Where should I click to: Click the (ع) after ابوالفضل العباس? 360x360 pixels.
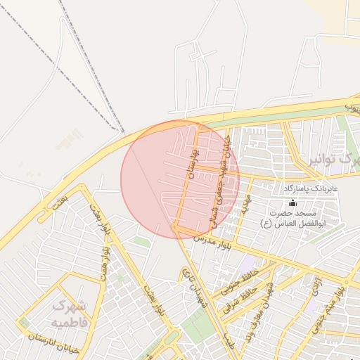[x=265, y=224]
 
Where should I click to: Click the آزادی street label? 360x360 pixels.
[x=313, y=286]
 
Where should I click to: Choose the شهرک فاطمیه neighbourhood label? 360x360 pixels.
[x=69, y=314]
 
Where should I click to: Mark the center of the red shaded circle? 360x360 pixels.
[x=180, y=179]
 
